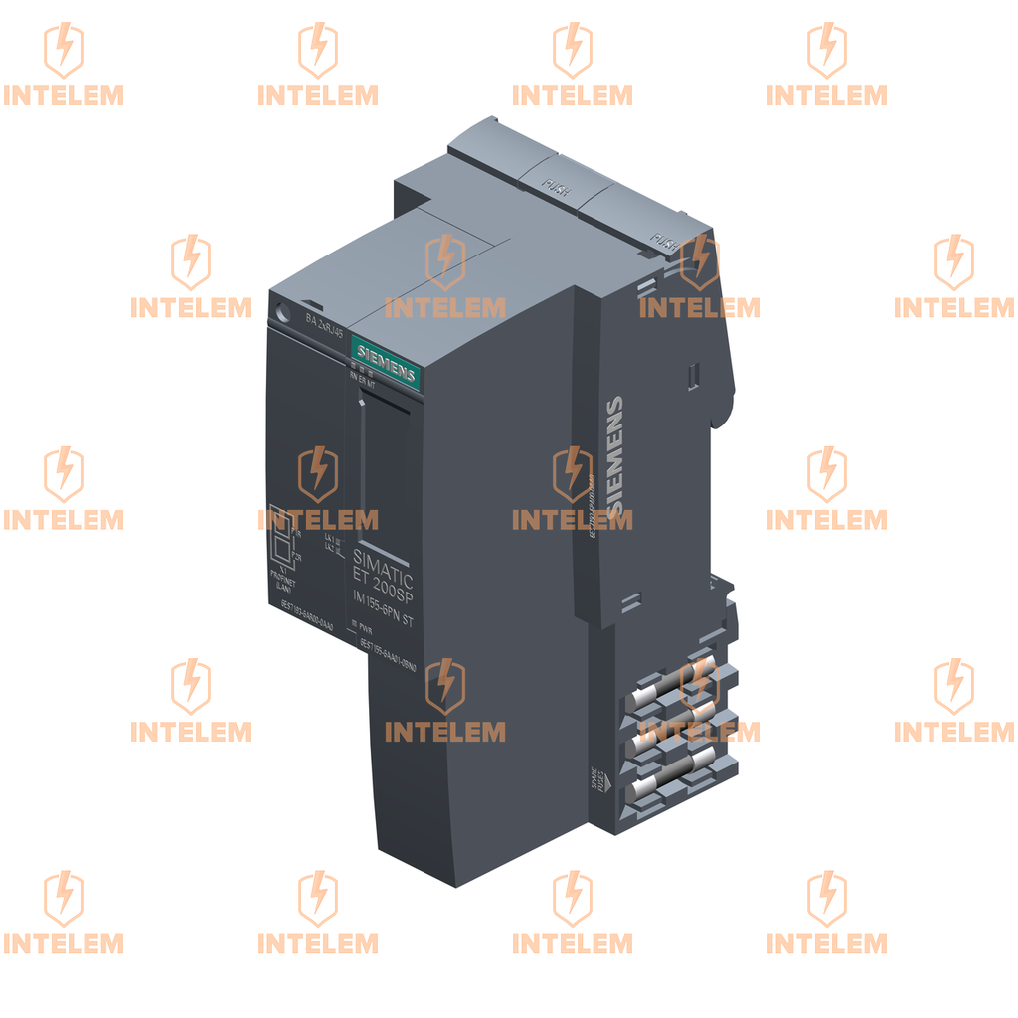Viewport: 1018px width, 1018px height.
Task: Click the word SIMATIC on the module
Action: point(383,567)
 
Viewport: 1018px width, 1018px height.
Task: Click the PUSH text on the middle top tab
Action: point(555,187)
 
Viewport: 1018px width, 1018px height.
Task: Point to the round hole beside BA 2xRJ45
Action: point(285,308)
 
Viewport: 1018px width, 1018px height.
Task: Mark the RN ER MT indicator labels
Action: point(361,379)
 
